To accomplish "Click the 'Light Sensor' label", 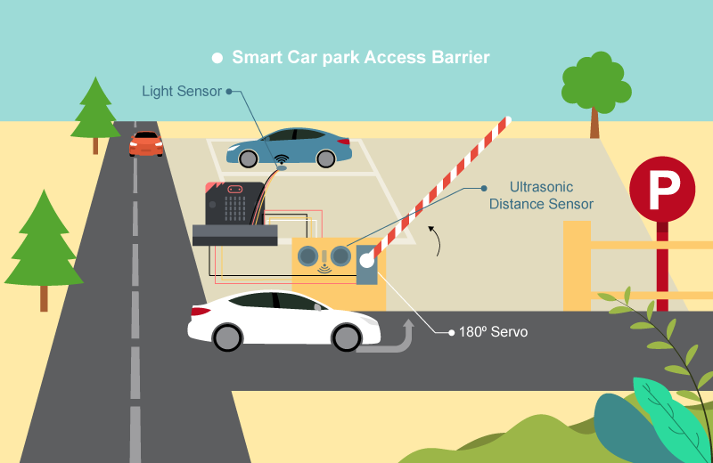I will point(182,91).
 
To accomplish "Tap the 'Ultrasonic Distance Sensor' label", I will point(541,196).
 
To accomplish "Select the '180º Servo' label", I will point(493,332).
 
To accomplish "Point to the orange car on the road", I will point(146,142).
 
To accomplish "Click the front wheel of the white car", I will point(345,337).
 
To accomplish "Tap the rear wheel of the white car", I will point(227,337).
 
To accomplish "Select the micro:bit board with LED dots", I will point(235,204).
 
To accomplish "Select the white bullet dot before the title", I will point(217,58).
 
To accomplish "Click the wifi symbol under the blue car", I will point(281,166).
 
